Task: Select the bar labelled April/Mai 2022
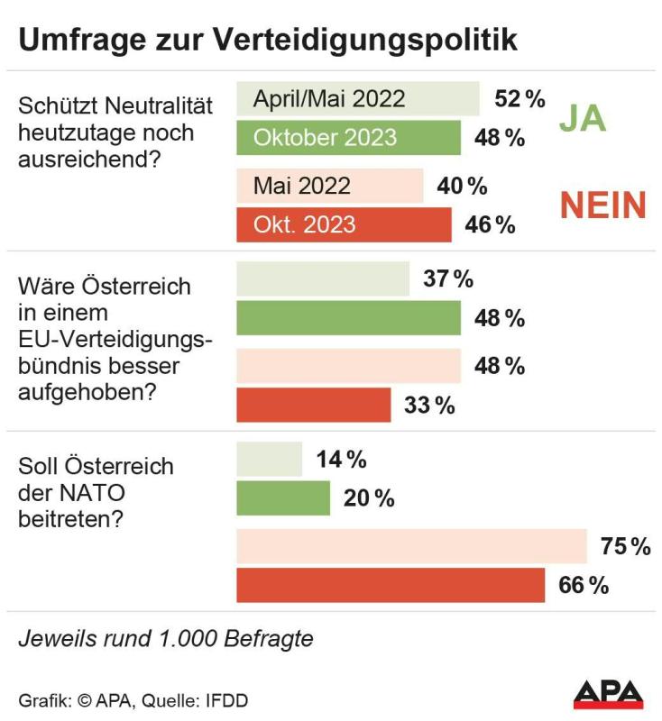357,99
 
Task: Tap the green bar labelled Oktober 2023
348,138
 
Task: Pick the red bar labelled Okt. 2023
344,224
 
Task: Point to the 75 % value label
625,546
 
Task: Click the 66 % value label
584,585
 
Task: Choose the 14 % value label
341,460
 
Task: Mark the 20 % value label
369,498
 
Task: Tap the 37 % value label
448,279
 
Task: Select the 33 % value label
429,406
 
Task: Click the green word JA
582,118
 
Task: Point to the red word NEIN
603,205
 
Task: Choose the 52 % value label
519,99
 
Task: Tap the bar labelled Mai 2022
329,186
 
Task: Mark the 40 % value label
462,186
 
